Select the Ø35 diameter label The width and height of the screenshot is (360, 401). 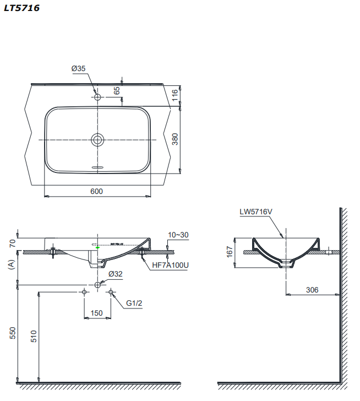coord(78,68)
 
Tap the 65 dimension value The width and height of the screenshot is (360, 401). coord(117,90)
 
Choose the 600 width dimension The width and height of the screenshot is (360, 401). coord(96,191)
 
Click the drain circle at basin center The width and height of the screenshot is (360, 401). coord(97,139)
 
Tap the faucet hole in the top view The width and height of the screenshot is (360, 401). coord(97,97)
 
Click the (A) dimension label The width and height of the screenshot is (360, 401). coord(12,265)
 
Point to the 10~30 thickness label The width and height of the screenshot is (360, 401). coord(178,235)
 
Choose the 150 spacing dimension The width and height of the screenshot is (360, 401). coord(96,313)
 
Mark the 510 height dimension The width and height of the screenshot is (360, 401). coord(31,336)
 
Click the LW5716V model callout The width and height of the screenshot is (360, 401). coord(256,211)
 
